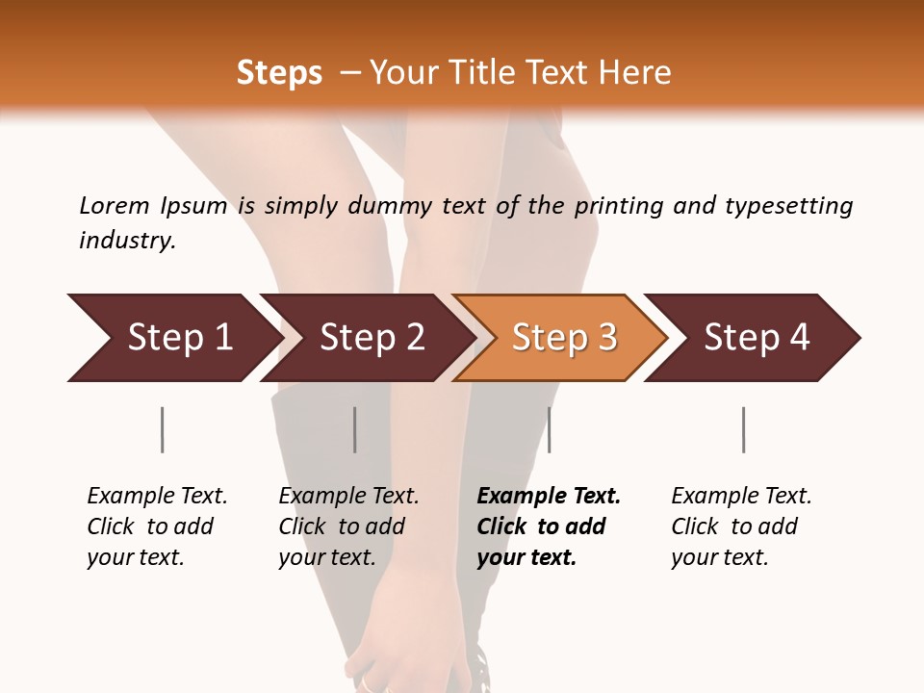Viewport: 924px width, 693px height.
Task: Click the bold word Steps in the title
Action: [x=279, y=73]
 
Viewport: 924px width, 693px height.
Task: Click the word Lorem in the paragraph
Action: [x=114, y=205]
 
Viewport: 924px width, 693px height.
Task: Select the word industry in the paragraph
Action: [x=127, y=241]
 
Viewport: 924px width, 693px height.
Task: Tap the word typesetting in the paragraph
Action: [x=788, y=205]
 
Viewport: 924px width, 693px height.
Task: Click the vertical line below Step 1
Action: [x=162, y=429]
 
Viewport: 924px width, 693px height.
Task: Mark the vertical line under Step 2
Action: [x=354, y=429]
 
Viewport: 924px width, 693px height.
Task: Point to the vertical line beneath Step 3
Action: [x=549, y=429]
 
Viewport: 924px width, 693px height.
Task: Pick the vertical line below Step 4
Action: [x=743, y=429]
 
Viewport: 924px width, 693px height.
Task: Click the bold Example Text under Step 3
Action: [x=549, y=496]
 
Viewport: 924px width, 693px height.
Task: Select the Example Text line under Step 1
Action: [x=157, y=496]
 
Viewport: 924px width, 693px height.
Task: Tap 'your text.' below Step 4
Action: [x=719, y=557]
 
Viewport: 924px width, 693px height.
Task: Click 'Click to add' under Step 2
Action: [x=342, y=526]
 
